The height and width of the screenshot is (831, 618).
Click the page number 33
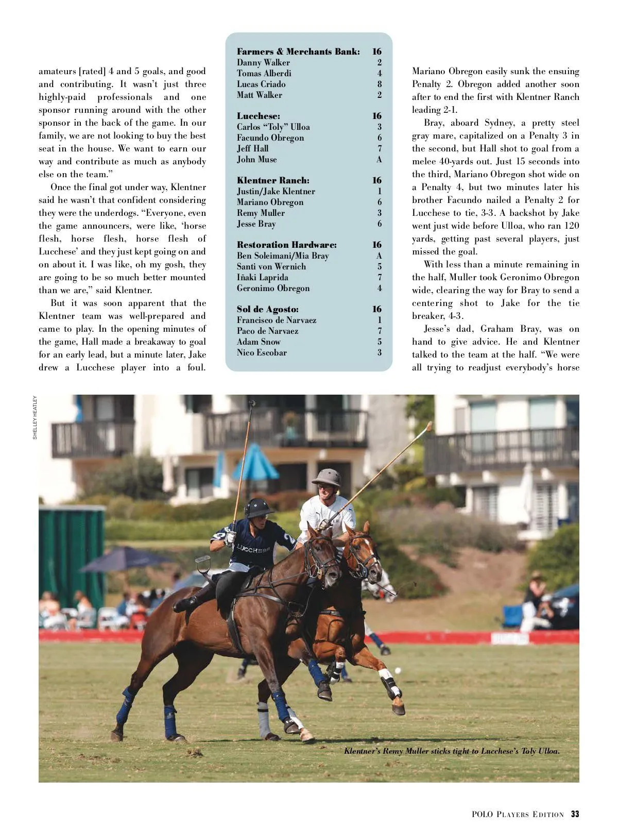575,815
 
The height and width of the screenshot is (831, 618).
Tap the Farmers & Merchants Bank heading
298,52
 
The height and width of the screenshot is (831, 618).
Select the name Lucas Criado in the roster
261,84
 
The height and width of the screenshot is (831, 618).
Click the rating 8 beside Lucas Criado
380,84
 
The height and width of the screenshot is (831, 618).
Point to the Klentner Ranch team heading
273,180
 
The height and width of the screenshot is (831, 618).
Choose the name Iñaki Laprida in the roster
263,277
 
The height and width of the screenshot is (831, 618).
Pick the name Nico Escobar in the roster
262,352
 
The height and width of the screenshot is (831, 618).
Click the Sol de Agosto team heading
268,309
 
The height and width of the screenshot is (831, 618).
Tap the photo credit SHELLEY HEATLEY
35,417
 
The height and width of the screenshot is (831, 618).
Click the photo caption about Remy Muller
452,751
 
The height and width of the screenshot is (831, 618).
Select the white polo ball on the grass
398,670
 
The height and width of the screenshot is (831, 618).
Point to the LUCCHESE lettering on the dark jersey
253,550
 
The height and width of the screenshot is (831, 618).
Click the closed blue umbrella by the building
256,462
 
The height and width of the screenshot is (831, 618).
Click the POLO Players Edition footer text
518,815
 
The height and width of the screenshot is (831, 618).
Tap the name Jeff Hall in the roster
252,148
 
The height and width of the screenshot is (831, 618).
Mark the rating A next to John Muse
379,159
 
